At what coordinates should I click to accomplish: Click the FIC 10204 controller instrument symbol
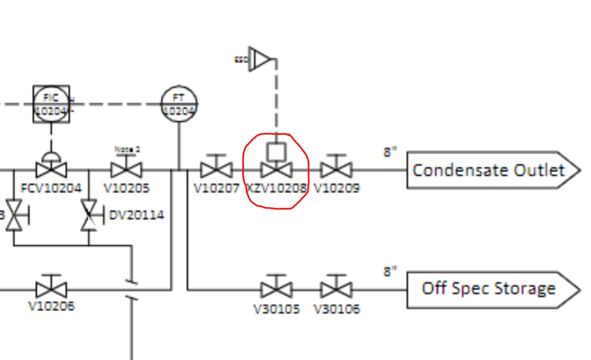51,104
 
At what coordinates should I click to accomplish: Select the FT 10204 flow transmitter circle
179,104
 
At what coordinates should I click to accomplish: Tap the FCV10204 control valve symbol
51,170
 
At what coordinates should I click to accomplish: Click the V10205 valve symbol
126,170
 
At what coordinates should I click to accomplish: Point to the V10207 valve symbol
216,170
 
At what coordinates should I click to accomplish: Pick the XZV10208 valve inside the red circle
276,170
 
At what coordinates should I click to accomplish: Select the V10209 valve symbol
336,170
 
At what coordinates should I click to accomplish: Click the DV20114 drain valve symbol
89,215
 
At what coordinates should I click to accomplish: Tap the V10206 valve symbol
51,289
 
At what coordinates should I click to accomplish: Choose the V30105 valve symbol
276,289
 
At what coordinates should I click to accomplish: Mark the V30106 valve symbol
336,289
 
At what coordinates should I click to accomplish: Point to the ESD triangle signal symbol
261,59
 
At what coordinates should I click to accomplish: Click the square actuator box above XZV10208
276,152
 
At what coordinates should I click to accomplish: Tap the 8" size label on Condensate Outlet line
391,152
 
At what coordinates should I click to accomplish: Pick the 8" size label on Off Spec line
391,271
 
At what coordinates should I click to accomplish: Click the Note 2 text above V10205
127,149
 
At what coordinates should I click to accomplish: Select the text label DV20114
137,215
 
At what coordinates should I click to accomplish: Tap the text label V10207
216,188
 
